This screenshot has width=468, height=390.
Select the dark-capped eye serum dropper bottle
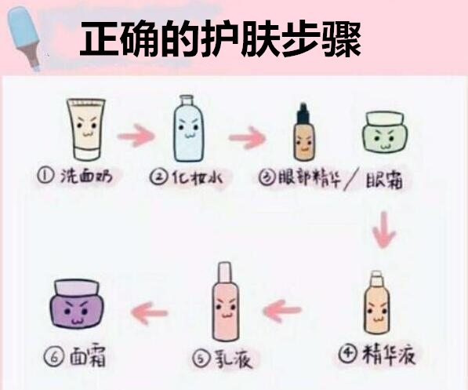point(303,134)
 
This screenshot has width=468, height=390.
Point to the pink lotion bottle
point(224,302)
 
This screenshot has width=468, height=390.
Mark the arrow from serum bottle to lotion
point(283,312)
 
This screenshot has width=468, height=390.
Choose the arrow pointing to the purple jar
point(149,312)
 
